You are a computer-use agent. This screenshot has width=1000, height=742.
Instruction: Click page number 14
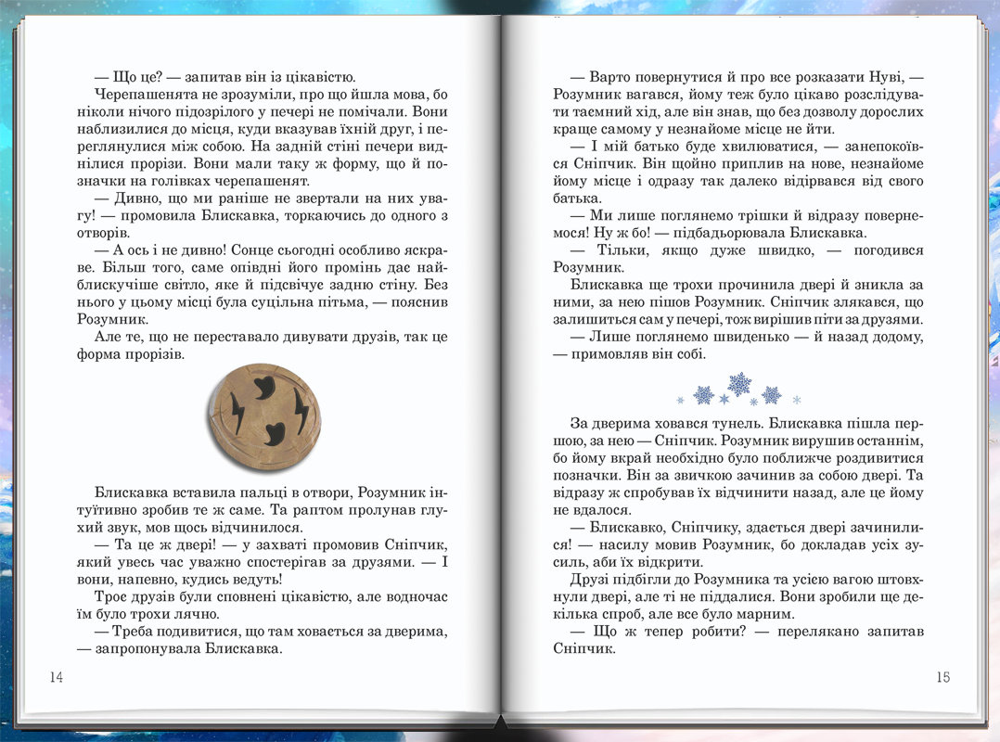pyautogui.click(x=56, y=677)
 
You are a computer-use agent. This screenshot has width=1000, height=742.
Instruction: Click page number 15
pyautogui.click(x=942, y=677)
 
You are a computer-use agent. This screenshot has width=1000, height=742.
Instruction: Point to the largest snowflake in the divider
pyautogui.click(x=739, y=383)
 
